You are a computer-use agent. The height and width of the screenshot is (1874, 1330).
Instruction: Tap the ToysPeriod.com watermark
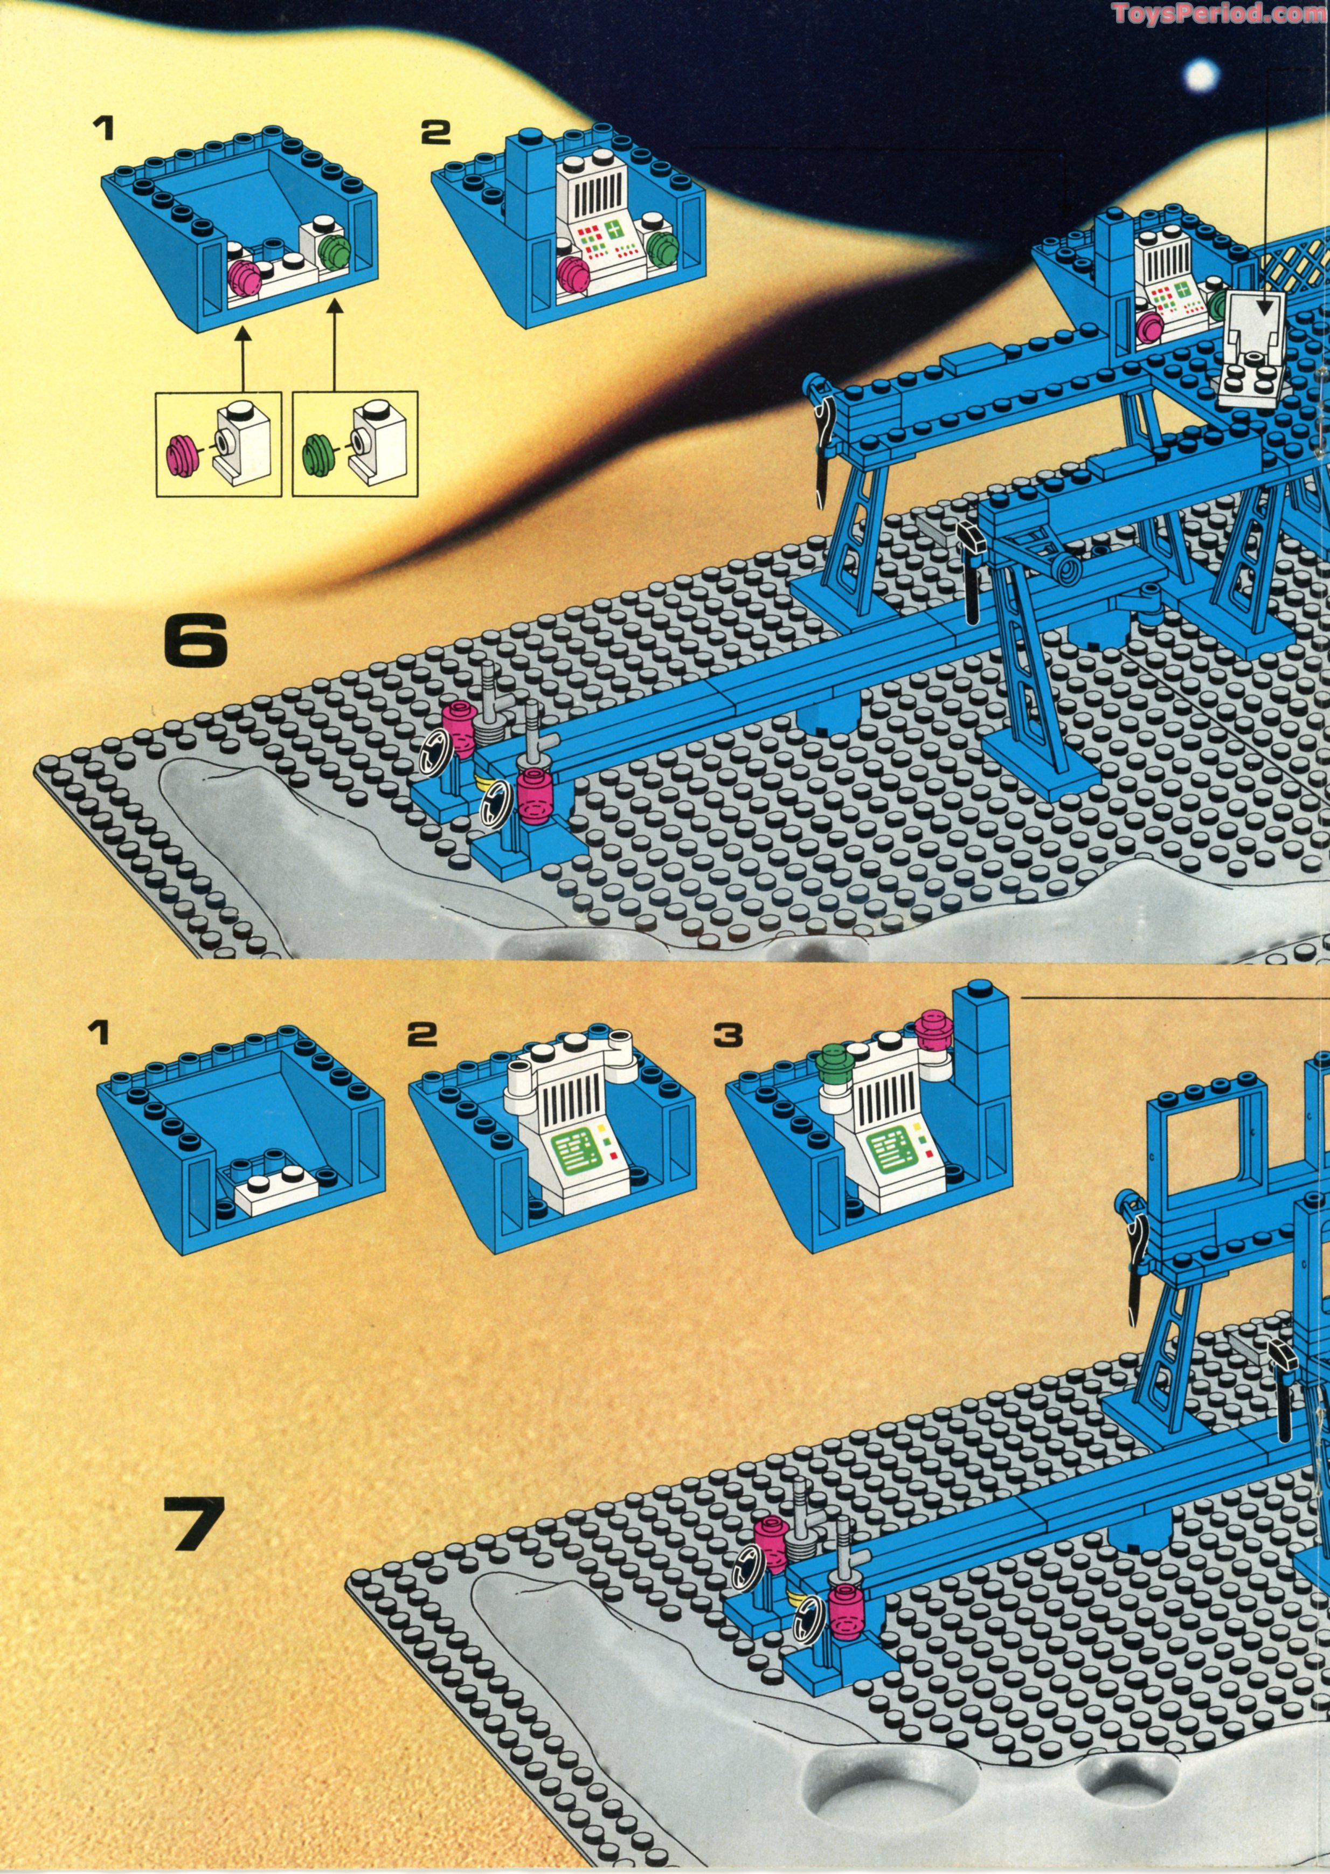1220,13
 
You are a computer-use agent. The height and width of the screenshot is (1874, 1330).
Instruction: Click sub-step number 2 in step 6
435,133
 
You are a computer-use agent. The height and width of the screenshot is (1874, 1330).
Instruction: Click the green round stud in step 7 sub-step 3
834,1065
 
